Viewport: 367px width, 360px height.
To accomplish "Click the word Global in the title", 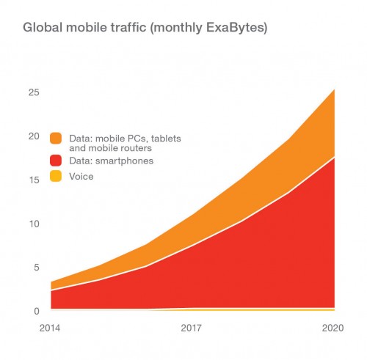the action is (x=43, y=27).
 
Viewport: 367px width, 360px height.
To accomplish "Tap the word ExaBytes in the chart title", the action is (x=236, y=28).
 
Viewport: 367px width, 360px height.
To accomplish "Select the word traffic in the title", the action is (x=128, y=27).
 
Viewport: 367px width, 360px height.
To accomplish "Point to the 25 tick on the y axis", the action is (x=34, y=92).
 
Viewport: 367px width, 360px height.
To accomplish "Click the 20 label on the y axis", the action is (x=34, y=136).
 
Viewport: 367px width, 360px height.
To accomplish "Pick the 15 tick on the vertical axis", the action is (x=34, y=180).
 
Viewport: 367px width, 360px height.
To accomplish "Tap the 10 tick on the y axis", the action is (x=34, y=224).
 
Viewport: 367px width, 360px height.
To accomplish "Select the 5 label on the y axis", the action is (x=37, y=267).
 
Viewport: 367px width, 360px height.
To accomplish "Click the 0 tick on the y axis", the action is (x=37, y=311).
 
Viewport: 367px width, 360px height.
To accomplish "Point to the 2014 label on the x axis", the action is (x=50, y=328).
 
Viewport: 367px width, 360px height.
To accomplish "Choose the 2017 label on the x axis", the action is (x=191, y=328).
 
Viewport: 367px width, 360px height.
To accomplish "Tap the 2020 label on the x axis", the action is (x=333, y=328).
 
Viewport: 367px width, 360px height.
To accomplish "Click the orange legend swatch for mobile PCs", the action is (x=56, y=139).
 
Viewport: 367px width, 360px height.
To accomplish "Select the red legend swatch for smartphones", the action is (x=56, y=161).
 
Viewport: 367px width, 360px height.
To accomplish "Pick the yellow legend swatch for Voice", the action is (x=56, y=176).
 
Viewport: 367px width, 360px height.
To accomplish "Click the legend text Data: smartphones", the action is (x=112, y=161).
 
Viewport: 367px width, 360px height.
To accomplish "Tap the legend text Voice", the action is (x=81, y=177).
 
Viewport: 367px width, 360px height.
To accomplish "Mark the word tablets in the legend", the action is (x=166, y=139).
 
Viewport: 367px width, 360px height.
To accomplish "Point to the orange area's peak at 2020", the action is (x=334, y=90).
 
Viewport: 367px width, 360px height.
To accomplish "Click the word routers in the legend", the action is (x=138, y=148).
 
